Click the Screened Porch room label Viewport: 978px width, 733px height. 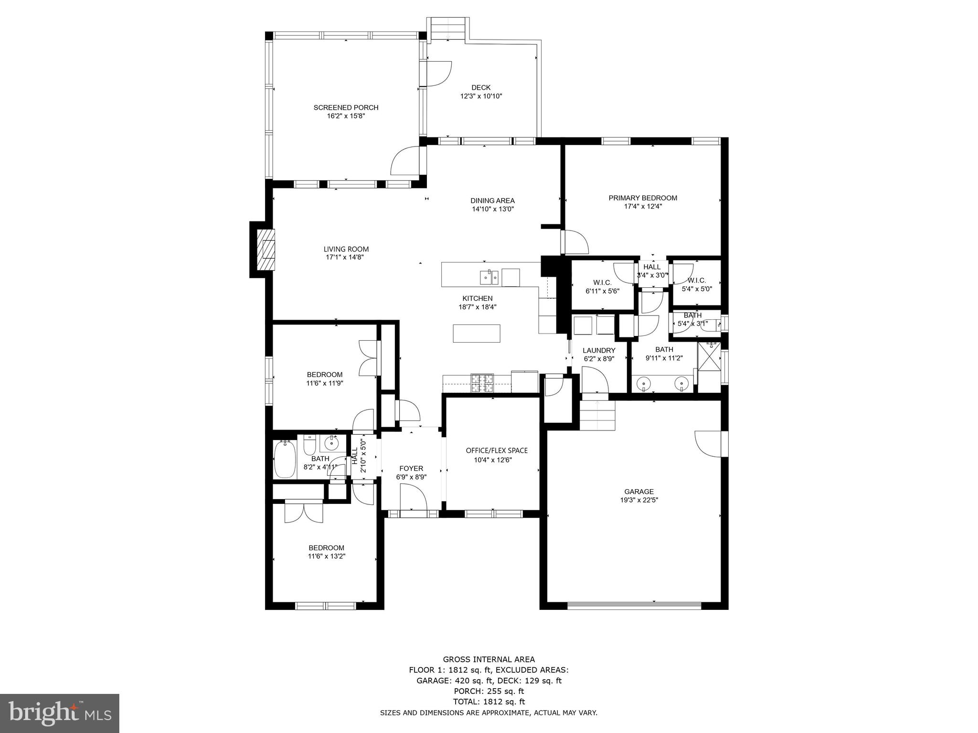[x=346, y=107]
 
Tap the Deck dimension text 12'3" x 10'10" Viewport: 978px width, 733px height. [x=481, y=96]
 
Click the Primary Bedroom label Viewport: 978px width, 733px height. [x=643, y=198]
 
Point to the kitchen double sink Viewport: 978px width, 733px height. [x=489, y=276]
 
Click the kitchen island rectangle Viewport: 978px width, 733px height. [x=477, y=333]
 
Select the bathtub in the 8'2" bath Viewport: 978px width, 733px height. [x=285, y=459]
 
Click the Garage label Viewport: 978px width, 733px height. [x=639, y=492]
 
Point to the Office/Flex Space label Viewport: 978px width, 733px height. [x=497, y=450]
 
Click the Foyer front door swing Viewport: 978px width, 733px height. [x=413, y=497]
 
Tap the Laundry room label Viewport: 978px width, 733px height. [x=599, y=350]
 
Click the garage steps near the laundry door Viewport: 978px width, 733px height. [x=597, y=415]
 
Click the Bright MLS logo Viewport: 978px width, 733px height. [x=59, y=713]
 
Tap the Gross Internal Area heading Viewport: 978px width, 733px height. [x=489, y=660]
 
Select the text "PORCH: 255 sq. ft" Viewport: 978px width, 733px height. [x=489, y=691]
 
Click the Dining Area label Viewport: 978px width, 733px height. [x=492, y=200]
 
